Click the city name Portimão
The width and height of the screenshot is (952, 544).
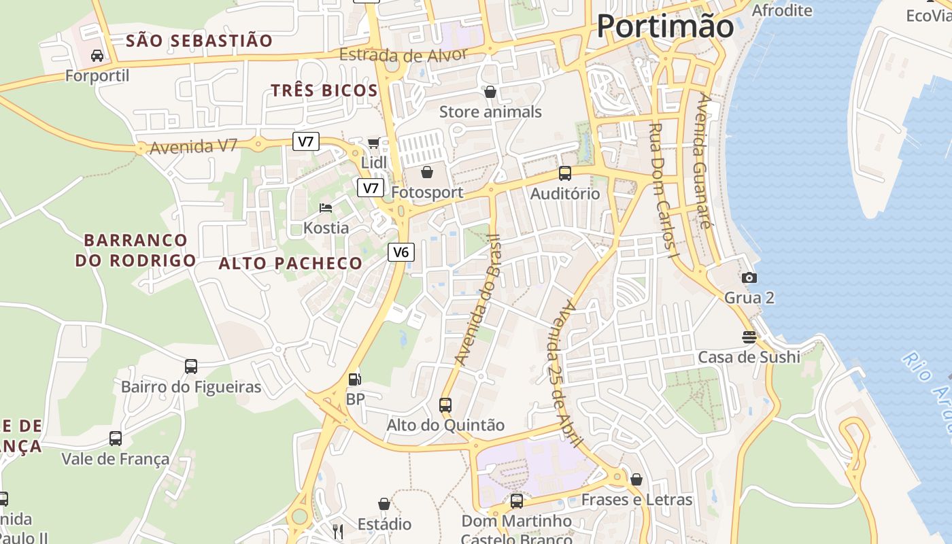pyautogui.click(x=665, y=27)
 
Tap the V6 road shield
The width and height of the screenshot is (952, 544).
pyautogui.click(x=401, y=252)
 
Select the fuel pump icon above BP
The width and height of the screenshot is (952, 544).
pyautogui.click(x=354, y=379)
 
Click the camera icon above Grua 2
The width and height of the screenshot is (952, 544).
pyautogui.click(x=749, y=277)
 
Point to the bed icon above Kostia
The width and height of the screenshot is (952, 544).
pyautogui.click(x=326, y=207)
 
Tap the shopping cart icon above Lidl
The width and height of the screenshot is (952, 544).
pyautogui.click(x=373, y=142)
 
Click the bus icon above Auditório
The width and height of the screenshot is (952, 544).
pyautogui.click(x=564, y=173)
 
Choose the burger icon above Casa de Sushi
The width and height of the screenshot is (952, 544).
pyautogui.click(x=749, y=337)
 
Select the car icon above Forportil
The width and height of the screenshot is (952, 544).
pyautogui.click(x=97, y=55)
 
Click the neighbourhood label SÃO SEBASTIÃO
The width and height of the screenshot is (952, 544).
pyautogui.click(x=199, y=41)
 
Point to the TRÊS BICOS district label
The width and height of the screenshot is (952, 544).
pyautogui.click(x=324, y=90)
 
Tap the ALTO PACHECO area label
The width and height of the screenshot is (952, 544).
pyautogui.click(x=290, y=263)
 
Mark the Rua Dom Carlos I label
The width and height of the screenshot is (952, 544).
pyautogui.click(x=664, y=190)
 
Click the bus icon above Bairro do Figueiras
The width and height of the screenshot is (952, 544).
pyautogui.click(x=191, y=367)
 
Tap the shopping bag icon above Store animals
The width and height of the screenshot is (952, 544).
pyautogui.click(x=490, y=91)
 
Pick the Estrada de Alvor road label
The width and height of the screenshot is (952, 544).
pyautogui.click(x=404, y=56)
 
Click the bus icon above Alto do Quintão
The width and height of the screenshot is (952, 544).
pyautogui.click(x=445, y=405)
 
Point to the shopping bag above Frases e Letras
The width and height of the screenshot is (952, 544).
pyautogui.click(x=636, y=479)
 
